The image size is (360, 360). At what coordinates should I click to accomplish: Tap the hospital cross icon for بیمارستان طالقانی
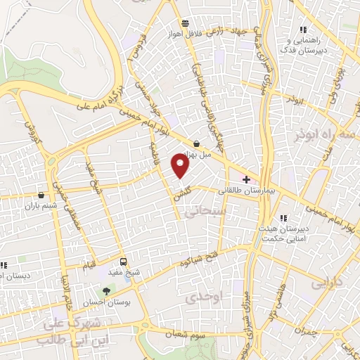(x=246, y=179)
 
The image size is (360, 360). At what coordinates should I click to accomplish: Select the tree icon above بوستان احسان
(x=106, y=290)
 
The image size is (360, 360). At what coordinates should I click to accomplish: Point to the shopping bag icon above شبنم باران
(x=42, y=195)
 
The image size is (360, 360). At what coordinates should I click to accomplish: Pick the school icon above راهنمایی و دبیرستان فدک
(x=303, y=30)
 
